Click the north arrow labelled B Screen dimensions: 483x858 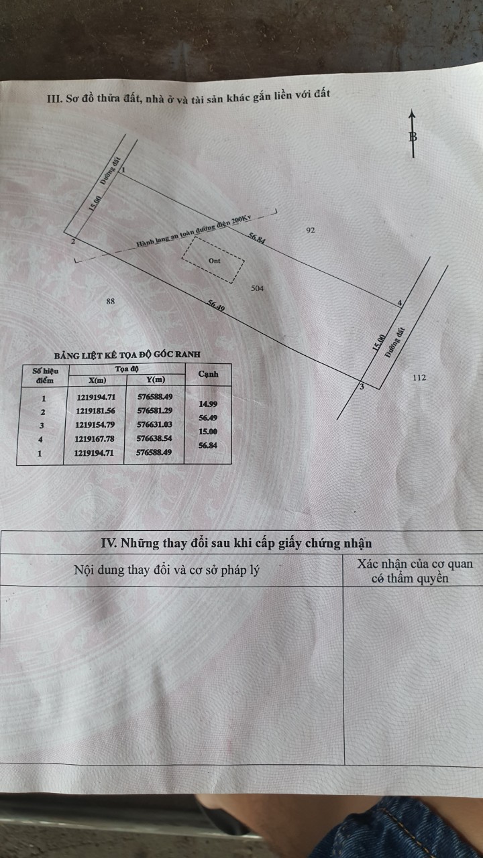point(413,134)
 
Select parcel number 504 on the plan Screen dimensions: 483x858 point(257,288)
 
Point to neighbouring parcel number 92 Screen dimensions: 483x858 point(311,230)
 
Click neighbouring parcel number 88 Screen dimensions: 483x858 point(111,301)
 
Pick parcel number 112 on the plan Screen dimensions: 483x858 point(419,377)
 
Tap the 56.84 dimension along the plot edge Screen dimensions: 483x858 point(256,238)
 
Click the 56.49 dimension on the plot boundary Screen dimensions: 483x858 point(216,305)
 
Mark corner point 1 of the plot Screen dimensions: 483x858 point(119,176)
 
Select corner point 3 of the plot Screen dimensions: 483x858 point(360,381)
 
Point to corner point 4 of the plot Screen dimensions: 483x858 point(396,307)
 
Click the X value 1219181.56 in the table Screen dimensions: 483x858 point(95,411)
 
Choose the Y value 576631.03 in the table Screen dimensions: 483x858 point(154,424)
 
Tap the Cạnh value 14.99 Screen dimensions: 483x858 point(208,404)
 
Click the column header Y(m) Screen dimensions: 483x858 point(156,379)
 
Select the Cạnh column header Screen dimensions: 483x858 point(208,374)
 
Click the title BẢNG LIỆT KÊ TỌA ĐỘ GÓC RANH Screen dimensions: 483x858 point(127,355)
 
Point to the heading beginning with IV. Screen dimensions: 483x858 point(236,543)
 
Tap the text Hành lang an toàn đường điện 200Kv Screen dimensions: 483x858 point(194,232)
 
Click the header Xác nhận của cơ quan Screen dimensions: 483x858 point(415,564)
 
